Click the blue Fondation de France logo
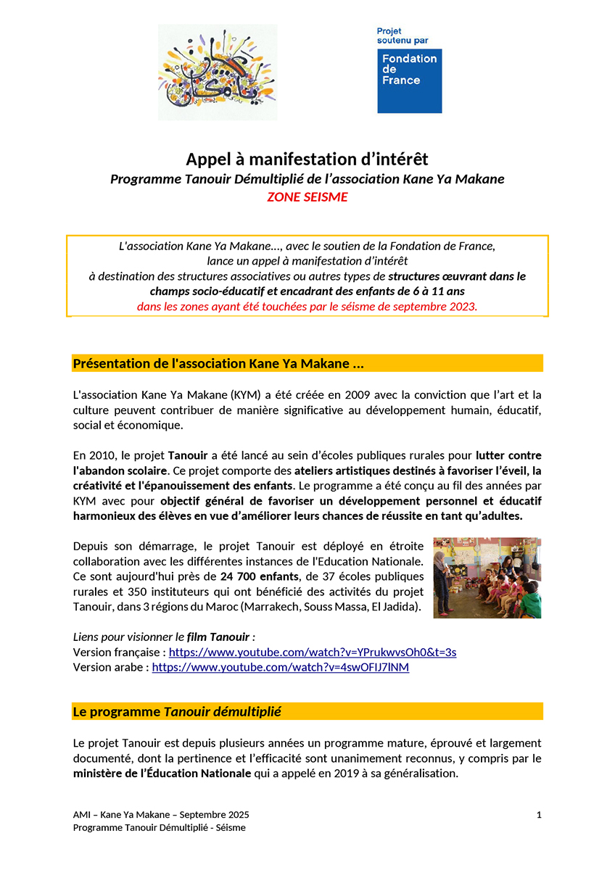(409, 80)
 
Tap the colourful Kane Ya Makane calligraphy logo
(217, 72)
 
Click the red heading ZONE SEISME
(307, 197)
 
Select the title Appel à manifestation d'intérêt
(307, 159)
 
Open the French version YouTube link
(313, 652)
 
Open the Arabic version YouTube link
(280, 667)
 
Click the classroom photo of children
(487, 578)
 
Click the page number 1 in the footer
(539, 815)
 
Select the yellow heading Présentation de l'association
(218, 363)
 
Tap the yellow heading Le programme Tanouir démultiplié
(177, 712)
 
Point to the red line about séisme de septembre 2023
(307, 306)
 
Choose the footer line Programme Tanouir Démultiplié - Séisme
(160, 827)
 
